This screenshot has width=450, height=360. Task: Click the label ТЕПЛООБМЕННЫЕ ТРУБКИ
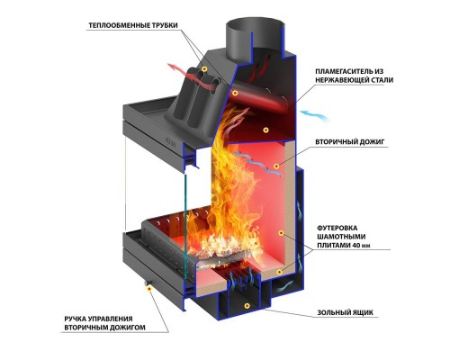133,25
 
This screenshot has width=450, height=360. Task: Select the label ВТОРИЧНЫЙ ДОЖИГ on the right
349,141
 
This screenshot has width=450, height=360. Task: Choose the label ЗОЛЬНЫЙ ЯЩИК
346,312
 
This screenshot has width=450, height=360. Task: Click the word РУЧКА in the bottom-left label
76,319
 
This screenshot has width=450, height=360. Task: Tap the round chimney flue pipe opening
255,26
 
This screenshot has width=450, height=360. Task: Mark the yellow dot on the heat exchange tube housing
204,69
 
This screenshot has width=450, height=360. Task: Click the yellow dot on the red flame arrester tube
235,93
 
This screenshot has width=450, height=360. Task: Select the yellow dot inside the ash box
247,306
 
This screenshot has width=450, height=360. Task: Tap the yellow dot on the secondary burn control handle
148,288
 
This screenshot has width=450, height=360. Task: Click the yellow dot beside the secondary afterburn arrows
276,166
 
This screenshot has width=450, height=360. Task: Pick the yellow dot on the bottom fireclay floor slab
279,272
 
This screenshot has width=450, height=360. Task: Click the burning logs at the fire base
220,250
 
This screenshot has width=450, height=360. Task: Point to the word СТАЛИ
381,80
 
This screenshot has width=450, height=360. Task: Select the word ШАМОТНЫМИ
341,237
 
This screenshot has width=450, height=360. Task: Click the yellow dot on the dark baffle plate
265,130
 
